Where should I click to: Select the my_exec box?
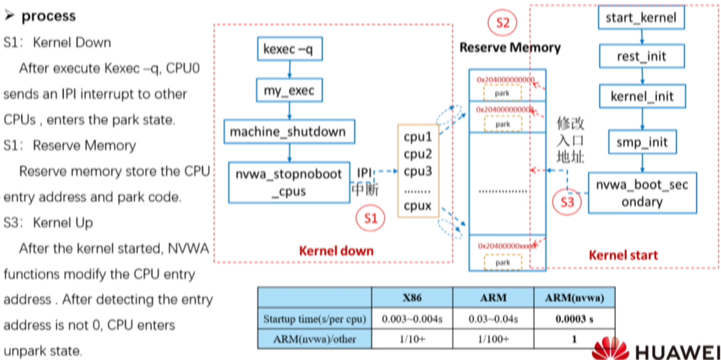[289, 91]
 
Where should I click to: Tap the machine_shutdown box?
[289, 132]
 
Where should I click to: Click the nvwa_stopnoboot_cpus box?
[289, 182]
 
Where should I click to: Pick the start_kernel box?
[641, 17]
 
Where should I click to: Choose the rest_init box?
[641, 56]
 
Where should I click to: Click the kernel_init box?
[641, 96]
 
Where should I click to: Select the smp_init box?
[641, 142]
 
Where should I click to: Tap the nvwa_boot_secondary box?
[642, 193]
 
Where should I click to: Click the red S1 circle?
[370, 218]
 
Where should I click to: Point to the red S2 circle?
[502, 23]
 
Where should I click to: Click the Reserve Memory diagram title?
[510, 48]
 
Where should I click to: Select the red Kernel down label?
[336, 251]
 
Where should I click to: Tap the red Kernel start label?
[623, 255]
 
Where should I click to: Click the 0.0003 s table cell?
[574, 319]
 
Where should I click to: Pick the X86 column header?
[412, 298]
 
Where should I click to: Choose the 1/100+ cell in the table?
[493, 339]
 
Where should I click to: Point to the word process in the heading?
[48, 16]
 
